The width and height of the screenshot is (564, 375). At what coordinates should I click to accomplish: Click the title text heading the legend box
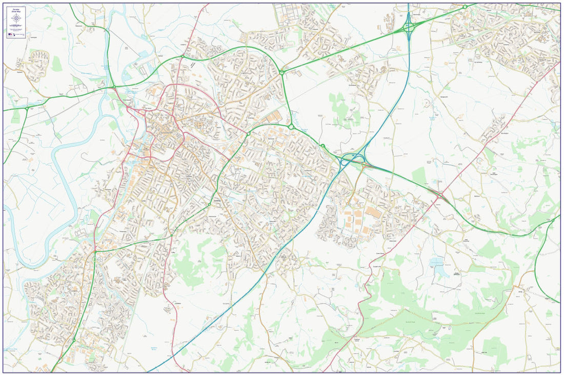tap(16, 9)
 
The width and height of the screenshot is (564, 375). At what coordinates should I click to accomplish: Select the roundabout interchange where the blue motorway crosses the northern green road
tap(409, 29)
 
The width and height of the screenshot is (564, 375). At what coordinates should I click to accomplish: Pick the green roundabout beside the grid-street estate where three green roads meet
tap(281, 72)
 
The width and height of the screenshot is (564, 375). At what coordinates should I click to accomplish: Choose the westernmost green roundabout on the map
tap(27, 108)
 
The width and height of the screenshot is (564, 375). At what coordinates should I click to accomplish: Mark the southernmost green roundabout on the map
tap(73, 340)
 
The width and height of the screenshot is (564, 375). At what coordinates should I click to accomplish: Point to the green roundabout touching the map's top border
tap(465, 7)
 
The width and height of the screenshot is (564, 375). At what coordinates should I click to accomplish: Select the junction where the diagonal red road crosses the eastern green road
tap(439, 195)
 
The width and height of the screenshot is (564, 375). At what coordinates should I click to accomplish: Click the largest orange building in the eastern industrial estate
tap(373, 212)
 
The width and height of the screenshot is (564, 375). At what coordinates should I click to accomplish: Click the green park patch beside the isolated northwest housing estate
tap(56, 64)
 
